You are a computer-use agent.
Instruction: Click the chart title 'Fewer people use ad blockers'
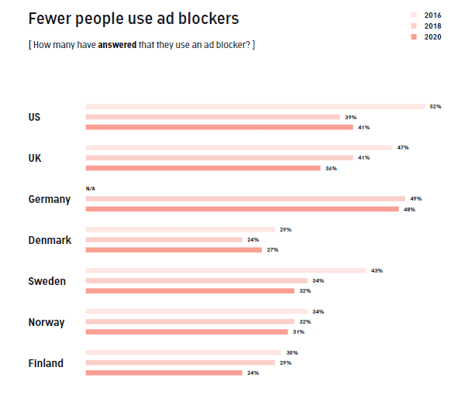133,18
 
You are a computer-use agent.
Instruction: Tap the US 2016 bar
255,106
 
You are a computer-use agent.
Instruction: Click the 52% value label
435,106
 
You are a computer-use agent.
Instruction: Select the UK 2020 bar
202,167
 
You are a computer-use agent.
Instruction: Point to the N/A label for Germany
91,188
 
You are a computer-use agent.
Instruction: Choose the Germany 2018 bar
245,199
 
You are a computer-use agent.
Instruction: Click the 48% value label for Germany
409,209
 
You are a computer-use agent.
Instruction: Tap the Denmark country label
50,240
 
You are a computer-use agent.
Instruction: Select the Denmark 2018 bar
164,240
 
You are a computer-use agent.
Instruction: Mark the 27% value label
272,250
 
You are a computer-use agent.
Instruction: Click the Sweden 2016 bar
226,270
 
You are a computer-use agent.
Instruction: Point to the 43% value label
377,270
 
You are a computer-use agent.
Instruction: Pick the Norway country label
46,322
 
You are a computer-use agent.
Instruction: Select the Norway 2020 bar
186,331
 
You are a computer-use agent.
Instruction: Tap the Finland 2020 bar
164,372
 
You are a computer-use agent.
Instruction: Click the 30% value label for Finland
291,352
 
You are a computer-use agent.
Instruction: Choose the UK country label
35,158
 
